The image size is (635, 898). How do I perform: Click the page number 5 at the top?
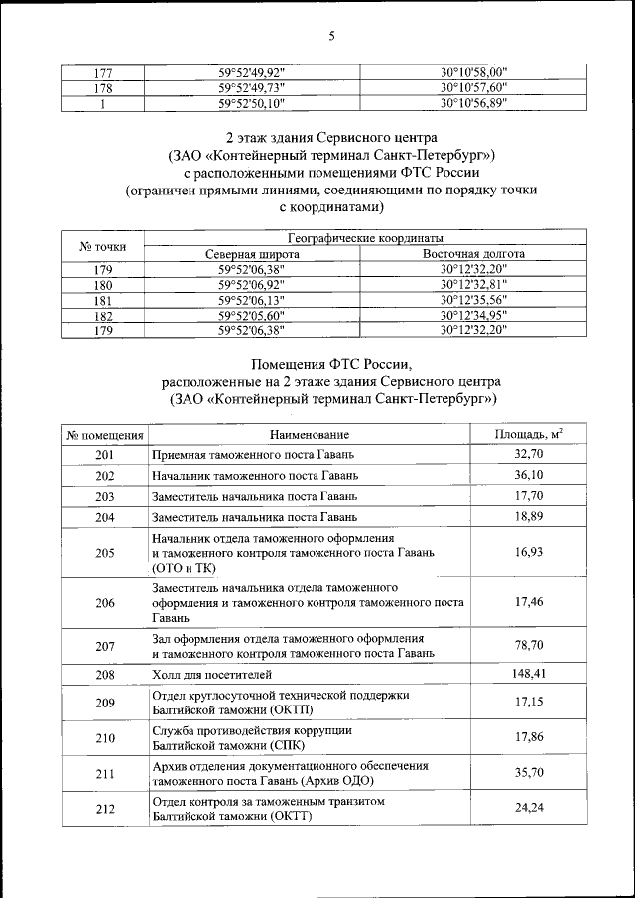(332, 37)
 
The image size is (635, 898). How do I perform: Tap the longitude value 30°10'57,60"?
(473, 87)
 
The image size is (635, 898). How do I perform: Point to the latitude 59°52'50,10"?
(251, 102)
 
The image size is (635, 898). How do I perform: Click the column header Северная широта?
(252, 254)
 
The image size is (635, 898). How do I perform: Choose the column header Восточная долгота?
(473, 254)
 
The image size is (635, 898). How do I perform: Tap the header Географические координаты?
(364, 239)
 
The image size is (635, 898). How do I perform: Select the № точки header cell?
(102, 246)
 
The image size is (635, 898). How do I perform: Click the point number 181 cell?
(102, 299)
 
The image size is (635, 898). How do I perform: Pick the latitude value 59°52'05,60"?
(251, 314)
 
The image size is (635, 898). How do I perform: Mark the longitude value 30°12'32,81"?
(473, 284)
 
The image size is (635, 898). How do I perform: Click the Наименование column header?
(309, 435)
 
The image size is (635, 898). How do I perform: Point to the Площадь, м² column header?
(528, 434)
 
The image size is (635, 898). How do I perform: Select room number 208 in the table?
(105, 674)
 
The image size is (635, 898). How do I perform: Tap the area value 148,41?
(528, 674)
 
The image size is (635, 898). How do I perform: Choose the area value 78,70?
(528, 645)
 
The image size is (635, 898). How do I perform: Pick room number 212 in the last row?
(105, 808)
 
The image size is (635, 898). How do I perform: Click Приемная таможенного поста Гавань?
(253, 455)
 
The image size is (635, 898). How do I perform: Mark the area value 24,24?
(528, 808)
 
